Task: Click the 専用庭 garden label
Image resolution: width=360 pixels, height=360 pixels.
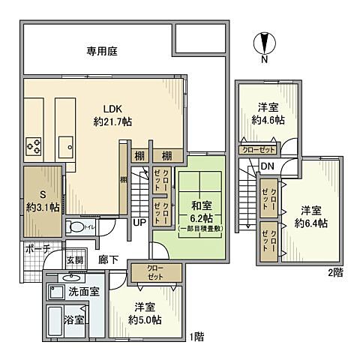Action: [x=102, y=52]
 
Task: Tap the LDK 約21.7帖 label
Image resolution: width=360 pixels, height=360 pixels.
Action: [x=112, y=115]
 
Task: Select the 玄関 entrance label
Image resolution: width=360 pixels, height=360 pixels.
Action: [x=75, y=260]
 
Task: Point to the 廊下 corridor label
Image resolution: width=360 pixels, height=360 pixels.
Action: [x=109, y=259]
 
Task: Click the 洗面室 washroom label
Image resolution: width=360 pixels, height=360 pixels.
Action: [x=84, y=291]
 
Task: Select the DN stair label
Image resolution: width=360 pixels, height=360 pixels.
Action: [x=268, y=166]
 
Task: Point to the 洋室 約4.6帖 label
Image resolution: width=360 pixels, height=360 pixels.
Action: [x=268, y=113]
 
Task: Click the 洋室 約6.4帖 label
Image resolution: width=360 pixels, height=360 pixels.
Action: [x=311, y=216]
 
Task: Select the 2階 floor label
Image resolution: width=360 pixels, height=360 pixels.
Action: [x=335, y=271]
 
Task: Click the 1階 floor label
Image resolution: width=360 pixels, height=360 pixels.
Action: [x=197, y=337]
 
